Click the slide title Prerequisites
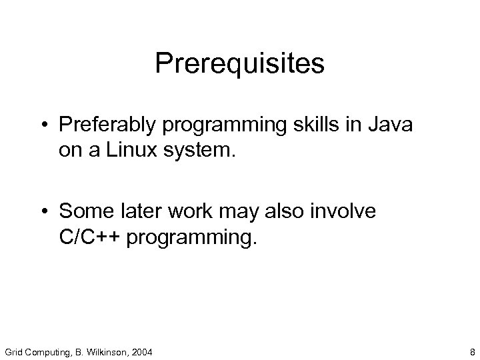click(x=239, y=65)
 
